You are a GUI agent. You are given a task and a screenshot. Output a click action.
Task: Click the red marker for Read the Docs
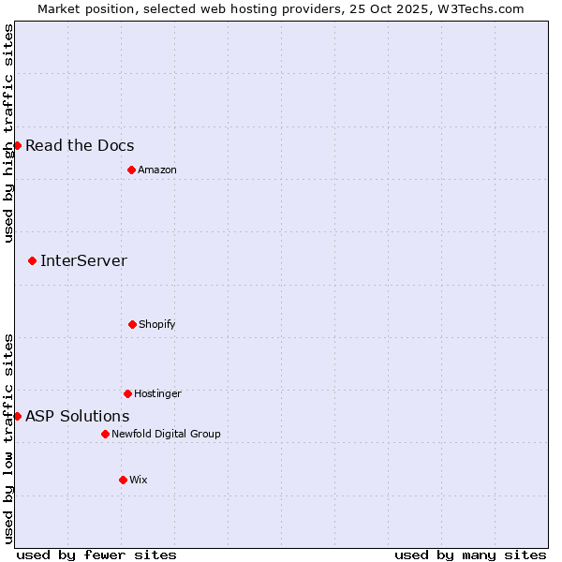[x=17, y=145]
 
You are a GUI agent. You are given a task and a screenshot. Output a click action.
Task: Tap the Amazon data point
[x=131, y=170]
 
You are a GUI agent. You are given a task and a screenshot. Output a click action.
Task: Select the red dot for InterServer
[x=32, y=260]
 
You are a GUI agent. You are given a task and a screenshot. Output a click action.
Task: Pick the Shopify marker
[x=132, y=324]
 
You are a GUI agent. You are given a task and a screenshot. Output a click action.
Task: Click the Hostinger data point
[x=127, y=393]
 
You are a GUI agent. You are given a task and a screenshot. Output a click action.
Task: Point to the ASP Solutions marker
[x=17, y=416]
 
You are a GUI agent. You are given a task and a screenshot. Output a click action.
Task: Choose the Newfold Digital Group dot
[x=105, y=434]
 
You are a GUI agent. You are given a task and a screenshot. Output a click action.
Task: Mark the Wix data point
[x=123, y=480]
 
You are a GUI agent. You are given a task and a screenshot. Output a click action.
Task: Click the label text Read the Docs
[x=80, y=145]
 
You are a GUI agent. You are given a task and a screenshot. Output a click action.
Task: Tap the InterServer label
[x=83, y=260]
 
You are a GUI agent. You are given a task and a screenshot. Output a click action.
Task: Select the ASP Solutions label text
[x=78, y=416]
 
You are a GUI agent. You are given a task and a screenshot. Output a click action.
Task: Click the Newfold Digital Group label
[x=166, y=434]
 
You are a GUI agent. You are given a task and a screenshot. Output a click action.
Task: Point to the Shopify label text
[x=157, y=324]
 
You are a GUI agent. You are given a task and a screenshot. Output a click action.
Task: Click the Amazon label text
[x=157, y=170]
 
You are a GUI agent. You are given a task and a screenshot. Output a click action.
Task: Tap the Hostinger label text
[x=157, y=393]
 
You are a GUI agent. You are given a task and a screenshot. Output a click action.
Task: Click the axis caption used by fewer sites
[x=96, y=555]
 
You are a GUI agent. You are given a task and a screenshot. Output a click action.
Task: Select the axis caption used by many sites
[x=470, y=555]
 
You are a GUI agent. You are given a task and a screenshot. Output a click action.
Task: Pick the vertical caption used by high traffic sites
[x=8, y=133]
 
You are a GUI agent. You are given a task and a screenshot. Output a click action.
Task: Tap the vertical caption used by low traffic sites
[x=8, y=438]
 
